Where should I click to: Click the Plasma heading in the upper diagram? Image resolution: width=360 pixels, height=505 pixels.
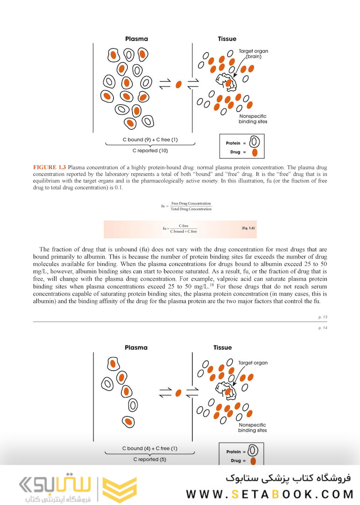pyautogui.click(x=136, y=39)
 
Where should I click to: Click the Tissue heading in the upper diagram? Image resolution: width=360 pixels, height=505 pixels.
pyautogui.click(x=227, y=39)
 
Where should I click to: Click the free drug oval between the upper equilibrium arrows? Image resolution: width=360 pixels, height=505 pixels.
pyautogui.click(x=178, y=85)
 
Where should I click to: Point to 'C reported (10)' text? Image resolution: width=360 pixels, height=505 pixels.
pyautogui.click(x=150, y=151)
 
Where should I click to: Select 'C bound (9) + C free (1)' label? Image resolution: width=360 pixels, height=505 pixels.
pyautogui.click(x=150, y=140)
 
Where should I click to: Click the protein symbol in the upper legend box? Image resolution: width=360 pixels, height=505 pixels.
pyautogui.click(x=255, y=142)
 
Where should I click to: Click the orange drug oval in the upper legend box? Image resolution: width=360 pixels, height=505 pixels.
pyautogui.click(x=254, y=152)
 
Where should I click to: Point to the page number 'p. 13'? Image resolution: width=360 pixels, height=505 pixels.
pyautogui.click(x=322, y=317)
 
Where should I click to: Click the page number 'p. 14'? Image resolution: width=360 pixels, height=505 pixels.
pyautogui.click(x=322, y=328)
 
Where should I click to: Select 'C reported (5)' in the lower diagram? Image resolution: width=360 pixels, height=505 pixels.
pyautogui.click(x=150, y=459)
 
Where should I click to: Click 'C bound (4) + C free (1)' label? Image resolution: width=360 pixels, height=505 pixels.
pyautogui.click(x=150, y=448)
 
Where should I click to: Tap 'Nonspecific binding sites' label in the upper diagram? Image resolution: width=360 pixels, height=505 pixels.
pyautogui.click(x=252, y=119)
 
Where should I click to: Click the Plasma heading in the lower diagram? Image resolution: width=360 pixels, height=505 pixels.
pyautogui.click(x=136, y=347)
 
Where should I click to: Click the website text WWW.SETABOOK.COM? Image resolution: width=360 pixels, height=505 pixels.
pyautogui.click(x=269, y=494)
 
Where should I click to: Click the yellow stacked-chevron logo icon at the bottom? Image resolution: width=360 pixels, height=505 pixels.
pyautogui.click(x=119, y=490)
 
